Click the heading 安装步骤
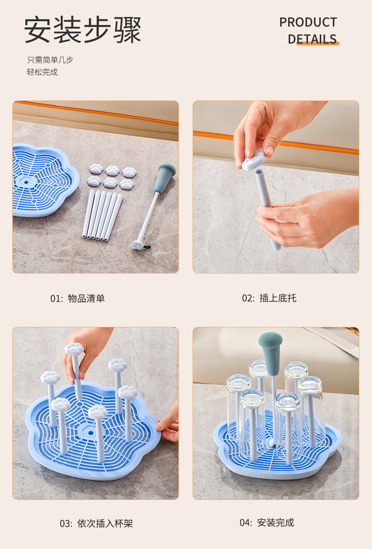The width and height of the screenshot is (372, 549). (x=83, y=30)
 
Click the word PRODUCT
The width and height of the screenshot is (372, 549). (x=308, y=23)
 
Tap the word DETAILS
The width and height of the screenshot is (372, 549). (x=312, y=39)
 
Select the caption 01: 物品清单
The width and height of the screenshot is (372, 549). (x=78, y=298)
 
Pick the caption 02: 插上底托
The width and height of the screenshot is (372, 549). (x=269, y=298)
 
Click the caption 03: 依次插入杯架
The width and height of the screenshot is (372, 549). (x=96, y=524)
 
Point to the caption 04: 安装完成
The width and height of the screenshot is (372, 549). (x=267, y=523)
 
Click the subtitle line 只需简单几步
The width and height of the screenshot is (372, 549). (x=50, y=60)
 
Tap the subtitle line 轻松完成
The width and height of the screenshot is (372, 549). (x=42, y=72)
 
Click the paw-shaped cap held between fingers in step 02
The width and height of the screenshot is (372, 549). (x=254, y=161)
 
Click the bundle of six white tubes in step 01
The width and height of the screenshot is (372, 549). (x=103, y=216)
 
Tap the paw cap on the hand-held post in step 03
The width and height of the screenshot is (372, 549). (x=74, y=349)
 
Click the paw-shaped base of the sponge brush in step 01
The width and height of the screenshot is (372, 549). (x=137, y=245)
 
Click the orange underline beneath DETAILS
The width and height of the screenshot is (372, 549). (x=318, y=43)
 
